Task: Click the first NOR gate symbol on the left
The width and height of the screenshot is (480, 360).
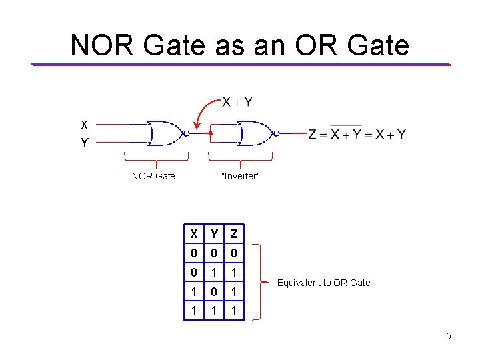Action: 165,133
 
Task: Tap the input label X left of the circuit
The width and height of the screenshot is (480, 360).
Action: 84,125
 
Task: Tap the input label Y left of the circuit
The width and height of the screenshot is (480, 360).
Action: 84,142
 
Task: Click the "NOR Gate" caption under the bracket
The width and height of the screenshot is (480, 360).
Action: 153,176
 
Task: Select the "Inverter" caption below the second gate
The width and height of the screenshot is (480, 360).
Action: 240,176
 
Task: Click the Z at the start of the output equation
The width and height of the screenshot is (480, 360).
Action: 312,134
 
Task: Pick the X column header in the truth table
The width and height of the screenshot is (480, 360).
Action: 193,234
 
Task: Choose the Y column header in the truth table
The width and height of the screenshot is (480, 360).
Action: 214,234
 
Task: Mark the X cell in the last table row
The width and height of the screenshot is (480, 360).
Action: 193,311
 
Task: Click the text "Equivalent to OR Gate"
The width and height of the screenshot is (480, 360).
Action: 323,283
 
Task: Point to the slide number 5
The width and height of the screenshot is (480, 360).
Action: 449,336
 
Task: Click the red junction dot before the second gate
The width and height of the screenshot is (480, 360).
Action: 210,133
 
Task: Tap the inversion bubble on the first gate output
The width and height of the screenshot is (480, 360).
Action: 187,133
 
